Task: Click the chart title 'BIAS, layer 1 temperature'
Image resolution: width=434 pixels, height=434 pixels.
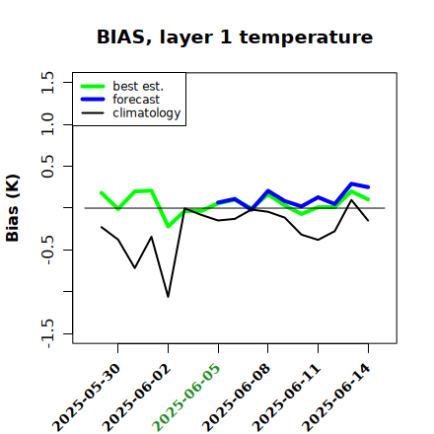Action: tap(235, 37)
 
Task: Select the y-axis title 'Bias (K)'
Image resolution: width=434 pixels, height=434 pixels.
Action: tap(13, 208)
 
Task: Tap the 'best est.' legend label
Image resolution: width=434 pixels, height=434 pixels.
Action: tap(138, 86)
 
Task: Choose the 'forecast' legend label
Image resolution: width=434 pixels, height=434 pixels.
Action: tap(136, 100)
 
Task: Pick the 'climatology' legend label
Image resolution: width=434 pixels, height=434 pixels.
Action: tap(147, 113)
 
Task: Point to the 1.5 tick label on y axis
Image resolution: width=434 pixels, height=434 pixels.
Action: tap(47, 82)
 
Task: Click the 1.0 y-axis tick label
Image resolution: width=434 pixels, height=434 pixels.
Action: tap(47, 124)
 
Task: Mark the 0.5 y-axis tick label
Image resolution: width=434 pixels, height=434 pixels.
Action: tap(47, 167)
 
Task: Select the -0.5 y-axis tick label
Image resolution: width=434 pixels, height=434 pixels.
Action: tap(47, 251)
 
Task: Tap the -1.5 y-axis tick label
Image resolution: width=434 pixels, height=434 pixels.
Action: tap(47, 333)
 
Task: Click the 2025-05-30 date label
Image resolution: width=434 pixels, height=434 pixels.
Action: tap(86, 398)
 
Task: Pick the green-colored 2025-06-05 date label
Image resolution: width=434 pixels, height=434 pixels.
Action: tap(186, 398)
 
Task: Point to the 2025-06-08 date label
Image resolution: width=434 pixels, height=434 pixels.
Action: tap(237, 398)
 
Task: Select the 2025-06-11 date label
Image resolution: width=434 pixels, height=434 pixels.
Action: tap(286, 398)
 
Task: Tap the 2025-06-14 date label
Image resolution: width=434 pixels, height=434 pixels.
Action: tap(336, 398)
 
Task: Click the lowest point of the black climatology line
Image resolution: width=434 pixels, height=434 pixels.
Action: tap(168, 297)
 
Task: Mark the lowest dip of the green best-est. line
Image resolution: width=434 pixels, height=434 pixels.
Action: tap(169, 227)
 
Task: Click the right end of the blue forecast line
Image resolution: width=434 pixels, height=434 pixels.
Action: tap(368, 187)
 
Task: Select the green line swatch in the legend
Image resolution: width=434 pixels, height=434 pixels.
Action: tap(93, 87)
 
